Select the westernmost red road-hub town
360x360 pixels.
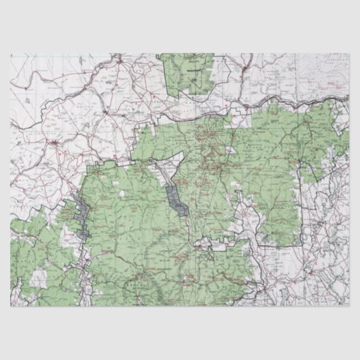click(54, 143)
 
